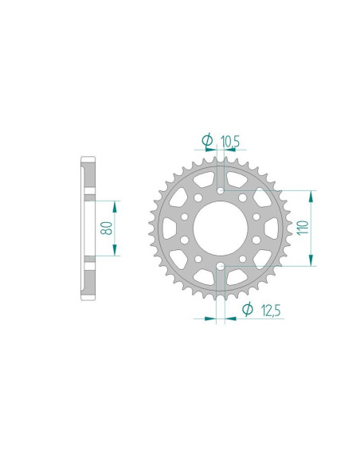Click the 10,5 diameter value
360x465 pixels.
[x=230, y=142]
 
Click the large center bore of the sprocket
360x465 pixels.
[x=221, y=229]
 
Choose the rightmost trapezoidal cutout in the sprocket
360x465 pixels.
[x=272, y=229]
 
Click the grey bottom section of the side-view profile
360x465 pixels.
[x=87, y=279]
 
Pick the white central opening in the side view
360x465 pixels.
[x=88, y=228]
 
